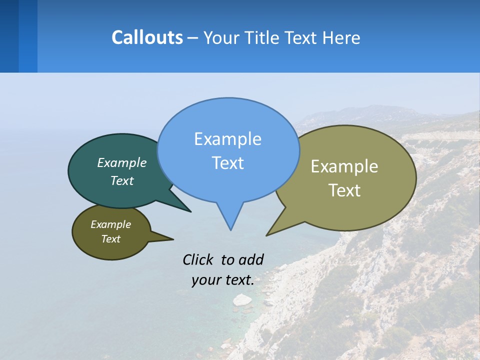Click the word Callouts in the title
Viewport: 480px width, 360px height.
pos(147,37)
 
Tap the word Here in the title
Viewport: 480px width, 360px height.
pos(341,37)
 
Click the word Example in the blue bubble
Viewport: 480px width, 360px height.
pos(227,139)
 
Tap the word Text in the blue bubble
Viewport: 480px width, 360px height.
pos(227,163)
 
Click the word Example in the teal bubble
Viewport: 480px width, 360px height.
pos(122,162)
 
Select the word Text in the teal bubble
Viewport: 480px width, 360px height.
pos(122,180)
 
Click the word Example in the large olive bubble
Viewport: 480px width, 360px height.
pos(344,166)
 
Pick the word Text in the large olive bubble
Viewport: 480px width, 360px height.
pos(344,190)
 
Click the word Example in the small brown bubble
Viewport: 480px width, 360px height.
pos(110,224)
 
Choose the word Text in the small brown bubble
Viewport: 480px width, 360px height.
pos(110,239)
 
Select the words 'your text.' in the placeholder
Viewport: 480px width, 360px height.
pos(223,280)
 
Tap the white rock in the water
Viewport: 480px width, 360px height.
pos(242,299)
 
